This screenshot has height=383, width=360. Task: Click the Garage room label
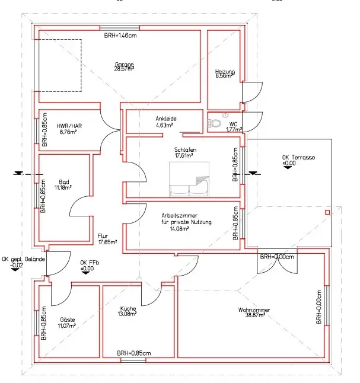125,64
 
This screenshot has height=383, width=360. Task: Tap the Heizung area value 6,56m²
224,76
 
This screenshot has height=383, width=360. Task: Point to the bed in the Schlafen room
189,179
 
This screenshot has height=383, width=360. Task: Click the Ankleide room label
166,119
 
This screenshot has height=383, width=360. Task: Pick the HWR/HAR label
69,126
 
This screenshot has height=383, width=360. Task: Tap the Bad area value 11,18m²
63,187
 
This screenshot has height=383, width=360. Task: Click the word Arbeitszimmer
179,216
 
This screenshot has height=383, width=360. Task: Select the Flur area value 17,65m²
107,242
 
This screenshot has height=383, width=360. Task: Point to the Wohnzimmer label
254,310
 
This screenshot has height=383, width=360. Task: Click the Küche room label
128,308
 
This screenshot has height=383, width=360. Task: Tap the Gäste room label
68,320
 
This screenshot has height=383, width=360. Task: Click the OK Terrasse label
298,158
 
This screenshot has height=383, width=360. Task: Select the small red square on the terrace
327,212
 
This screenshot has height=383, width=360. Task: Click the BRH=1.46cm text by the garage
120,36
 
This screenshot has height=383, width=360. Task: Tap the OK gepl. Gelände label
24,259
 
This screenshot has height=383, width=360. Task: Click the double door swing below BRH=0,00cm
277,265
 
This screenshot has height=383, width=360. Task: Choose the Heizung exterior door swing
253,92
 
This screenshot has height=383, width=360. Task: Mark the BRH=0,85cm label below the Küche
134,353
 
